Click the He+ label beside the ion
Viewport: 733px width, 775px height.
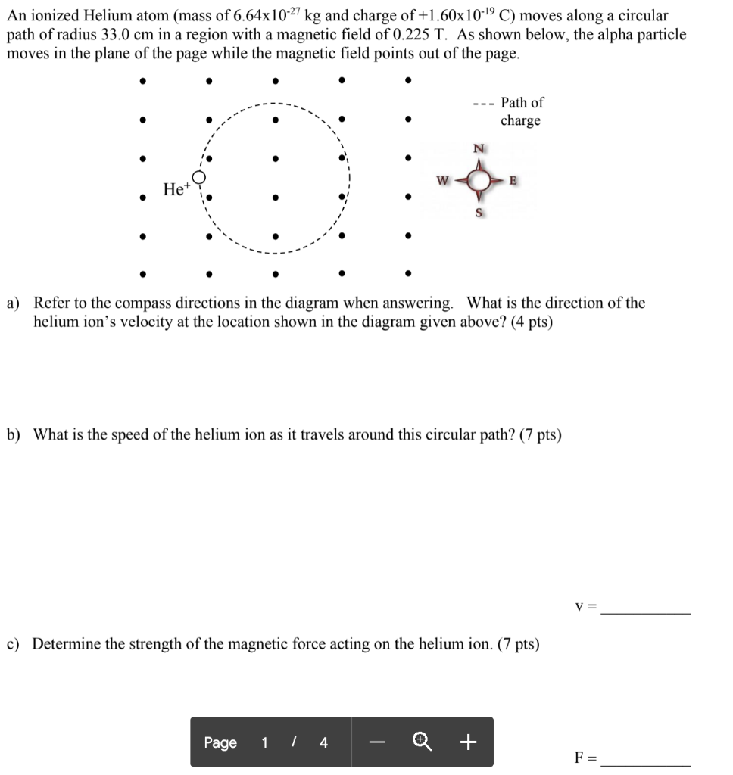point(174,189)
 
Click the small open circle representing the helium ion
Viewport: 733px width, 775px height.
point(199,178)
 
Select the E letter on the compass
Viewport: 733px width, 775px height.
point(514,180)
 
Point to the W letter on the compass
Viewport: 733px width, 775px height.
point(442,180)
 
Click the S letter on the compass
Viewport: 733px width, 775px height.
point(479,213)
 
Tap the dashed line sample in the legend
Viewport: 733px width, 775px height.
point(482,104)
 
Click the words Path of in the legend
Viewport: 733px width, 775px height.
point(522,102)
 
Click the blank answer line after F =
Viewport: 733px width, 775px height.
point(645,763)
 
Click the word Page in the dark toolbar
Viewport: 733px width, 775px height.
point(220,742)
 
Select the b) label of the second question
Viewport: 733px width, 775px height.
point(14,435)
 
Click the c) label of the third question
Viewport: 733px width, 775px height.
point(14,644)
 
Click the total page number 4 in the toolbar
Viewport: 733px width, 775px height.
point(323,742)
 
